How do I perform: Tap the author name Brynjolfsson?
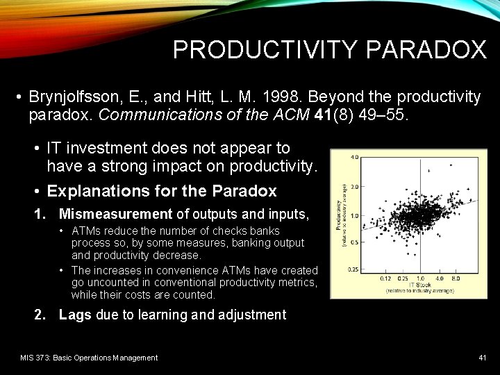point(74,97)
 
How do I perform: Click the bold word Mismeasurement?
point(115,215)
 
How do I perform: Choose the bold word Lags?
point(76,315)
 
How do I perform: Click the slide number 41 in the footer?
point(482,358)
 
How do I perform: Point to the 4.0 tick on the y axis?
point(354,158)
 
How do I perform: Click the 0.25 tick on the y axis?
point(353,269)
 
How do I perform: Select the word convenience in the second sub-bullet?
point(176,270)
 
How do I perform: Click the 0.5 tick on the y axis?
point(354,242)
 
